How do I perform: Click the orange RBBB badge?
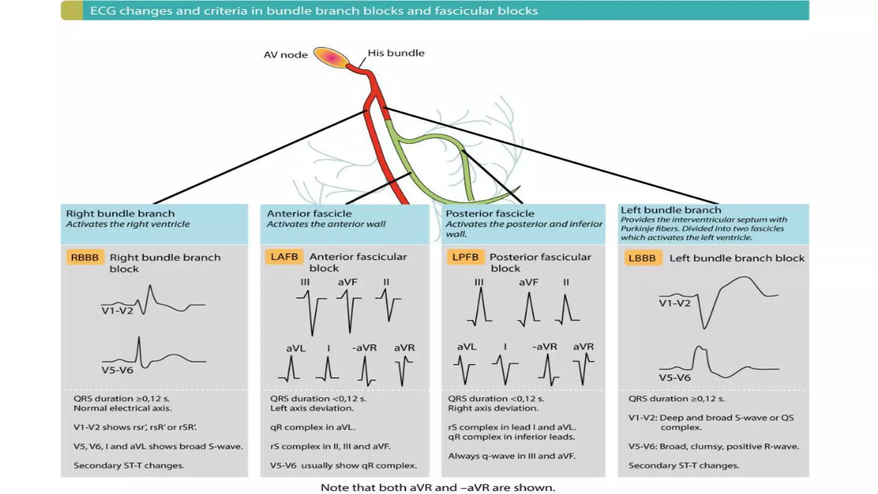pos(85,257)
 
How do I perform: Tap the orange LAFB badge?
pos(284,256)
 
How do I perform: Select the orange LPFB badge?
pos(465,257)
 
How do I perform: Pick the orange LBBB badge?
pos(642,258)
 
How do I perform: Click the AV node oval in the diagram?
pos(331,57)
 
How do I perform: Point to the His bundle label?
pos(396,53)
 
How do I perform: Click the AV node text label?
pos(286,55)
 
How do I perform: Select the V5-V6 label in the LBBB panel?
pos(674,378)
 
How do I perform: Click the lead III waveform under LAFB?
pos(311,311)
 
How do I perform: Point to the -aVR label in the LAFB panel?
pos(364,348)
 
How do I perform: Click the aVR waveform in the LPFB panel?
pos(583,368)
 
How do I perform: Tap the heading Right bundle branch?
pos(120,214)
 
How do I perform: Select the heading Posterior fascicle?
pos(490,214)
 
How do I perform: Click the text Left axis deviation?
pos(312,408)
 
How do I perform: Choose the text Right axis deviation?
pos(493,408)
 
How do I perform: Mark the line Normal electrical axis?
pos(122,408)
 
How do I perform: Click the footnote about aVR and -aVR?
pos(438,488)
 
